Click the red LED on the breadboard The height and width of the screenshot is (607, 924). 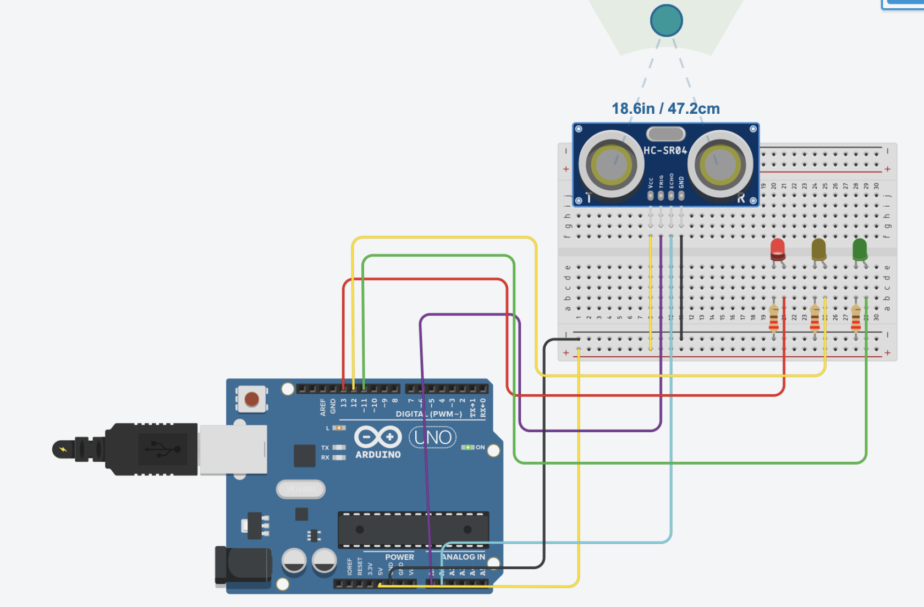(x=778, y=249)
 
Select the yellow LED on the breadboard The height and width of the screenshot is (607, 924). (x=818, y=249)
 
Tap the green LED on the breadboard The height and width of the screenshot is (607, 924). (x=860, y=249)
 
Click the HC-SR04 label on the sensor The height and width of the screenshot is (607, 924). (x=665, y=151)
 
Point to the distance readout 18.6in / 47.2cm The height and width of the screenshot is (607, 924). (x=665, y=109)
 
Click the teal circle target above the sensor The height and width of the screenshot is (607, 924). (x=666, y=21)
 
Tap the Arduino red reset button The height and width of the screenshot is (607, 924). (x=252, y=399)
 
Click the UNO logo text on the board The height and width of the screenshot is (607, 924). (x=433, y=438)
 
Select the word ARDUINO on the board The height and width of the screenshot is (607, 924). (x=378, y=455)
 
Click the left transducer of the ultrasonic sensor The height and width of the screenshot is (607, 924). (x=611, y=164)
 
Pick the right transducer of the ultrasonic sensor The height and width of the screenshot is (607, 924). (x=720, y=164)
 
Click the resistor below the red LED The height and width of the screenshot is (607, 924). (x=774, y=319)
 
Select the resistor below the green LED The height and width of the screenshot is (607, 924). (x=855, y=319)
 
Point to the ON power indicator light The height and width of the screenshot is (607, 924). (x=468, y=448)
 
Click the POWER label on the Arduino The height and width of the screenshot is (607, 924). (x=399, y=557)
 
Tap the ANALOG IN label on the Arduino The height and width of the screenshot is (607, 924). (x=463, y=557)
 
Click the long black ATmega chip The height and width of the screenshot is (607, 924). (x=413, y=529)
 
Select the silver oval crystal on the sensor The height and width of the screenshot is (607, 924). (x=665, y=134)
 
